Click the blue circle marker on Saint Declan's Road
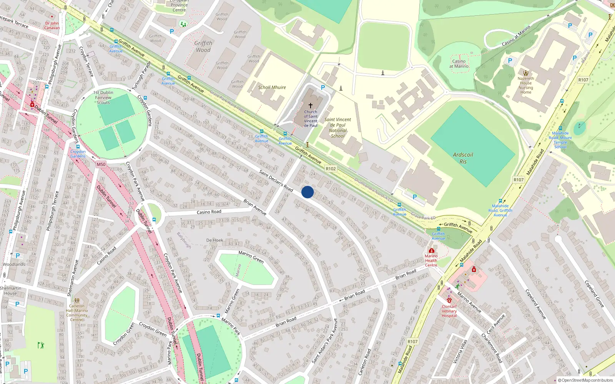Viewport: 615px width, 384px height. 307,192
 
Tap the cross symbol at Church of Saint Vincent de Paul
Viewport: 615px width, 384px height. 311,105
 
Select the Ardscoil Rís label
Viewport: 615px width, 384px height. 463,158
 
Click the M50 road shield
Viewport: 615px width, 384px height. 101,164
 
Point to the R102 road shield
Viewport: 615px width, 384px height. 331,169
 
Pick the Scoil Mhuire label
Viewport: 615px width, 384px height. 272,88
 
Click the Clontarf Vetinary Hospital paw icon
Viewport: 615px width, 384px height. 449,300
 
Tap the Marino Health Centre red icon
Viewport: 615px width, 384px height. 431,250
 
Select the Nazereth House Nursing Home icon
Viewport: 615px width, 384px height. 525,73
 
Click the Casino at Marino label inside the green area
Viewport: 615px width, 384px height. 459,64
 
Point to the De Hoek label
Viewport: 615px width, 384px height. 214,240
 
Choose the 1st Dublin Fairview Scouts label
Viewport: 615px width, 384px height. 103,98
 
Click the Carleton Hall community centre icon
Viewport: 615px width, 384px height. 77,301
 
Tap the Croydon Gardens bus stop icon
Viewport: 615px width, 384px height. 78,147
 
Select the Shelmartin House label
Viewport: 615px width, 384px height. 11,291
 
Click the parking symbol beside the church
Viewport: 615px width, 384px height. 323,88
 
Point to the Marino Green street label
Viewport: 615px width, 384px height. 251,257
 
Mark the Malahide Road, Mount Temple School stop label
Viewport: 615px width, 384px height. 560,140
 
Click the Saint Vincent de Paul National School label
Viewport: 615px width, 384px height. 337,127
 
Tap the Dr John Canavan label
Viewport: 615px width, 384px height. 52,25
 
